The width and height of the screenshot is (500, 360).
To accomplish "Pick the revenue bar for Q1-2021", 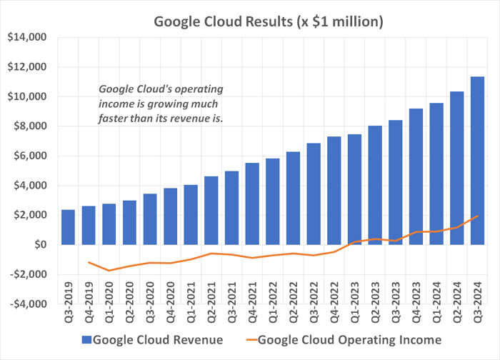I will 191,214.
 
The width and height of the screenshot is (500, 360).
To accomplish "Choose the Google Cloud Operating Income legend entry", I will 346,339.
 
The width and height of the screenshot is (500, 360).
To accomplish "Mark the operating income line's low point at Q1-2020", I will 109,271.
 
